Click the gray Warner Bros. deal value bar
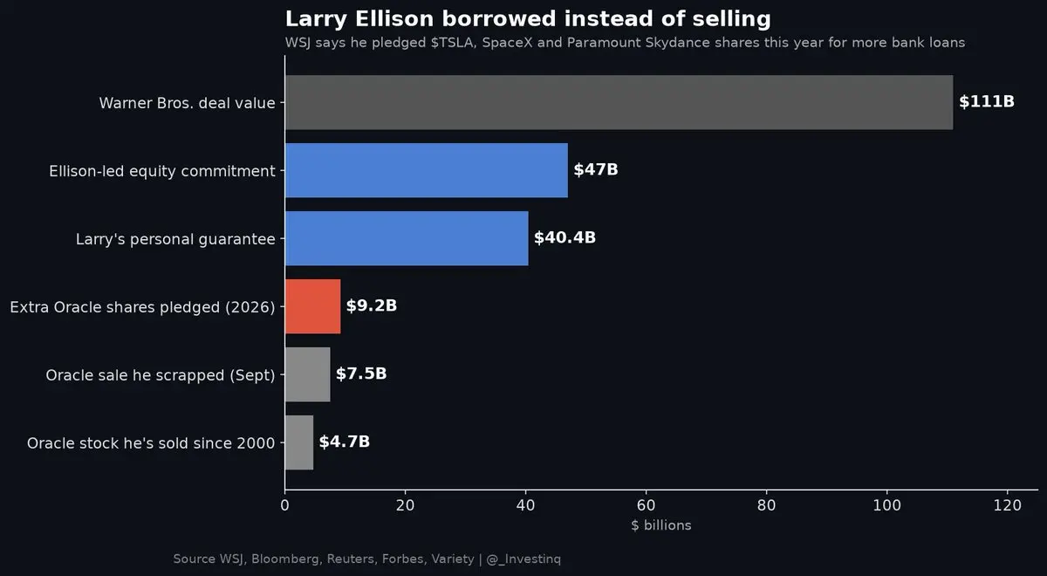point(619,102)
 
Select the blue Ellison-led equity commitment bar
point(427,170)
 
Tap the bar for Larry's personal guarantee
point(407,238)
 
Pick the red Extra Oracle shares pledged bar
point(312,306)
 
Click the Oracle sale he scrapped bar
point(307,374)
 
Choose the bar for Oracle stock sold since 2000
point(299,442)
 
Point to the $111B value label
point(987,101)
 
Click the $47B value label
point(596,169)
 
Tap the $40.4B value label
point(565,237)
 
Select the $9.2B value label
point(372,305)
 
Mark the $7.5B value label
point(361,374)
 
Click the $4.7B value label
point(345,442)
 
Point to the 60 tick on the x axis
point(646,505)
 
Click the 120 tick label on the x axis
point(1007,505)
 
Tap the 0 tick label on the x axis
point(284,505)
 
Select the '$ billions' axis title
point(661,525)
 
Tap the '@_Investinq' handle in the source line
point(523,559)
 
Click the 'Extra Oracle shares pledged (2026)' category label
point(142,307)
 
